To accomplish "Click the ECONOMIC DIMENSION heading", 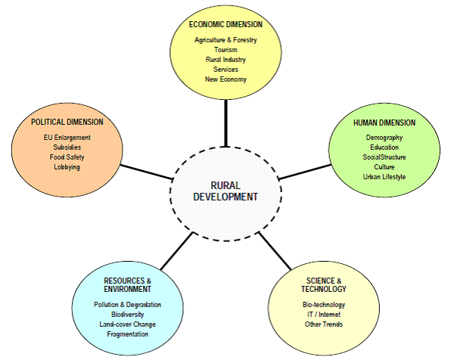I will click(225, 24).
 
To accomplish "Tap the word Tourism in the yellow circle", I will click(225, 49).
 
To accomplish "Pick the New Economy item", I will click(225, 79).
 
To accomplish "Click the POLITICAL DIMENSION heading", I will click(67, 122).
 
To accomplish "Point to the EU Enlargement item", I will click(67, 137).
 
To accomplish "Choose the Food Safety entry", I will click(67, 157).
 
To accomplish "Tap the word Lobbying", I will click(67, 166).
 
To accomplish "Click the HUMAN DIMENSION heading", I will click(384, 122).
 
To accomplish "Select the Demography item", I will click(384, 137).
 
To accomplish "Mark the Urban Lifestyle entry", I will click(384, 176).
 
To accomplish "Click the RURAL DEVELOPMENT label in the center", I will click(225, 191).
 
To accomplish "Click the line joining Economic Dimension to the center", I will click(225, 123).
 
